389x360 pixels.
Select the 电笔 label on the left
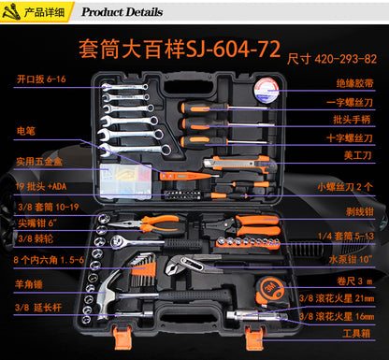(x=27, y=131)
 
